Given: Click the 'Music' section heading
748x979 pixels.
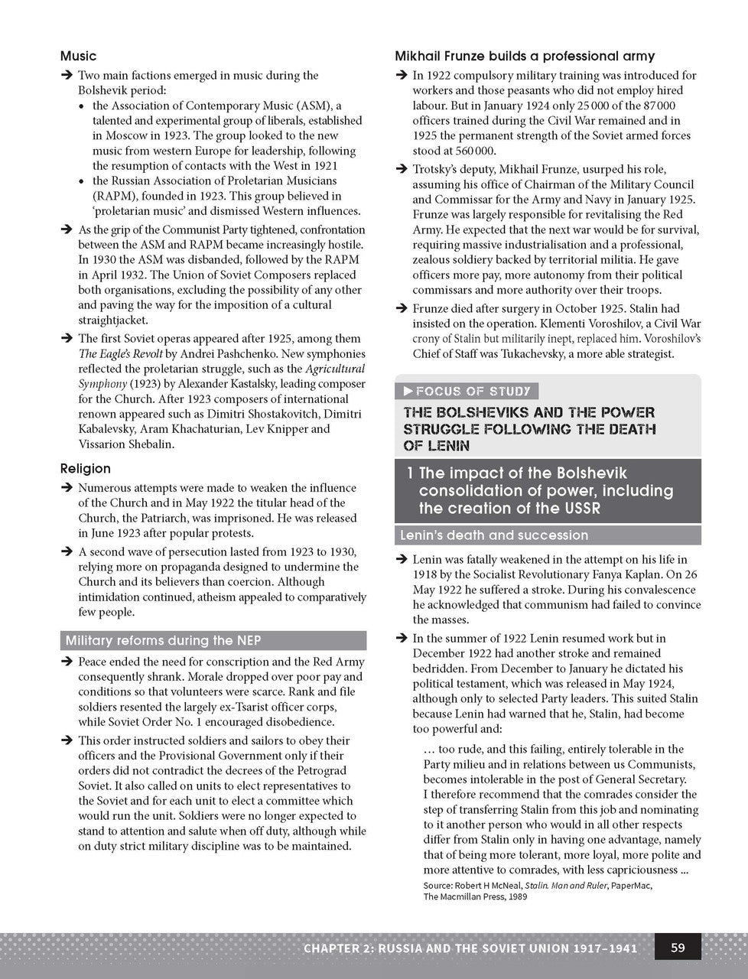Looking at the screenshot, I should coord(78,56).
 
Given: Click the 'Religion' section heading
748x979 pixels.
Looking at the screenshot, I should coord(85,468).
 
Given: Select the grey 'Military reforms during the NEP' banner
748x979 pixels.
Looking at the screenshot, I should coord(213,641).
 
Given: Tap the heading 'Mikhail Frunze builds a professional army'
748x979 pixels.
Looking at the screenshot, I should coord(525,56).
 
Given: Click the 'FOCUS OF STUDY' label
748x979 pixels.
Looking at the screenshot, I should coord(472,391).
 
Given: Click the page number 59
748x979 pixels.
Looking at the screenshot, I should coord(678,948).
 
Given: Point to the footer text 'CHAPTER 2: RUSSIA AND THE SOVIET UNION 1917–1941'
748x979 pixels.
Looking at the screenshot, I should coord(470,948).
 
